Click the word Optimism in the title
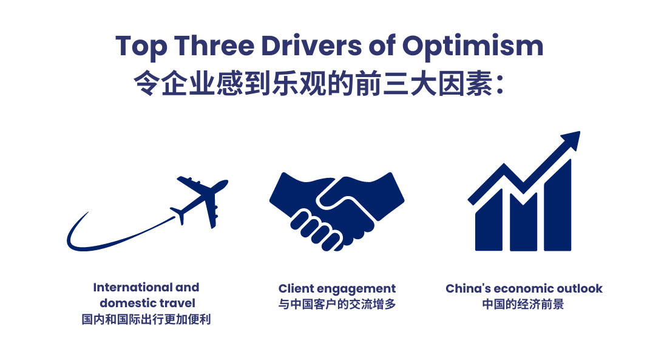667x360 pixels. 473,47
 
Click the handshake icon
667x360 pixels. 337,211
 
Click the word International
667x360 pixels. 133,287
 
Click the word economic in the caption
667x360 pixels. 524,288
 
